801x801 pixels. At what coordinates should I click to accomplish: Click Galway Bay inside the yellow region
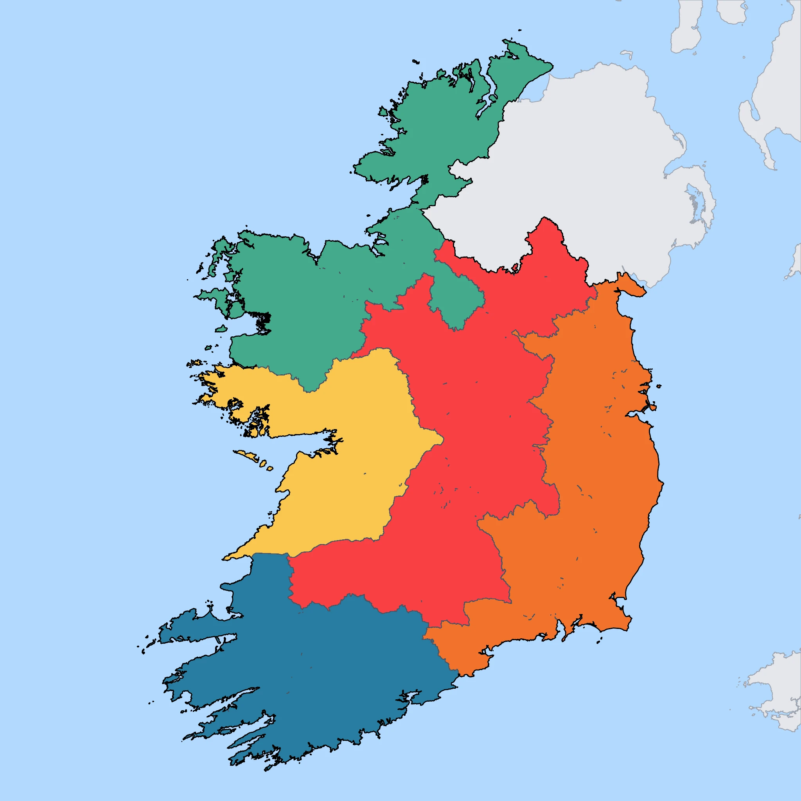click(298, 446)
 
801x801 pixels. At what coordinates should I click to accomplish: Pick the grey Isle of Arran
click(732, 11)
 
